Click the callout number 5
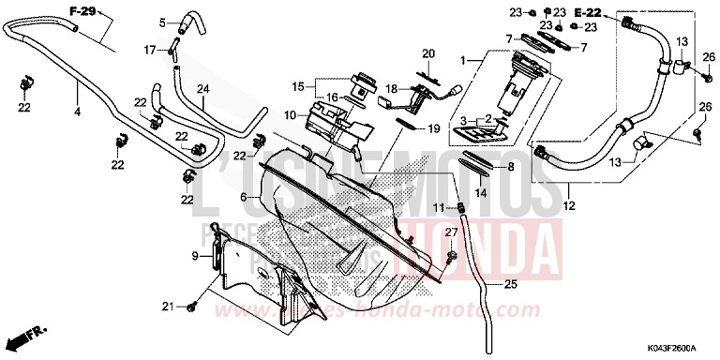(161, 22)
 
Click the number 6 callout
(244, 198)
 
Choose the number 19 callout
(434, 127)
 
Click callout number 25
(510, 284)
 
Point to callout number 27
(451, 232)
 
